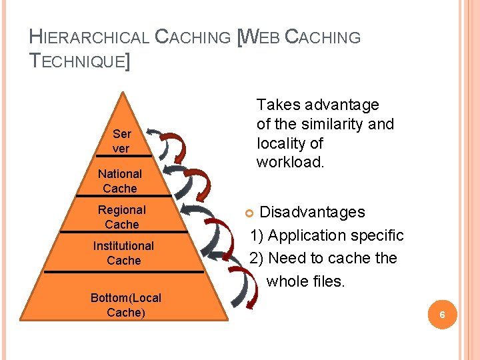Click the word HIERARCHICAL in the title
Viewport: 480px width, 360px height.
90,37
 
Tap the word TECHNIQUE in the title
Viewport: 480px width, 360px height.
77,62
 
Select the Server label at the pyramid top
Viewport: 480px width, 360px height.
121,141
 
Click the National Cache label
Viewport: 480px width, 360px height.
120,181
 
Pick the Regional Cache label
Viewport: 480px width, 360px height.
122,217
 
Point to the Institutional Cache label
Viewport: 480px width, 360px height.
123,253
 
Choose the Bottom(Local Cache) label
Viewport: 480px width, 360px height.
126,305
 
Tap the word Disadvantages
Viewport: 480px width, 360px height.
312,212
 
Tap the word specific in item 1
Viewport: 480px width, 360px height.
377,235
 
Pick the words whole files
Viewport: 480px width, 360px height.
306,281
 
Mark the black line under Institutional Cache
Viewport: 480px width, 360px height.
123,271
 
